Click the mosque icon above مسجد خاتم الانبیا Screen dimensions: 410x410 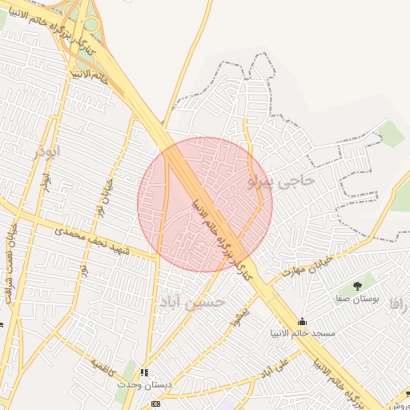click(302, 321)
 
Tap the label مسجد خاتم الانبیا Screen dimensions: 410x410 click(303, 332)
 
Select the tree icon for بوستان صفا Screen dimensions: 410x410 click(357, 284)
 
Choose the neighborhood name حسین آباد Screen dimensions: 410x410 click(198, 303)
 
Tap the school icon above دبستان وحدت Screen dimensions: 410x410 click(144, 372)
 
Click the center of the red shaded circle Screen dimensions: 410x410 click(205, 204)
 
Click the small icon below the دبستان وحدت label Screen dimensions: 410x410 click(155, 404)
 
